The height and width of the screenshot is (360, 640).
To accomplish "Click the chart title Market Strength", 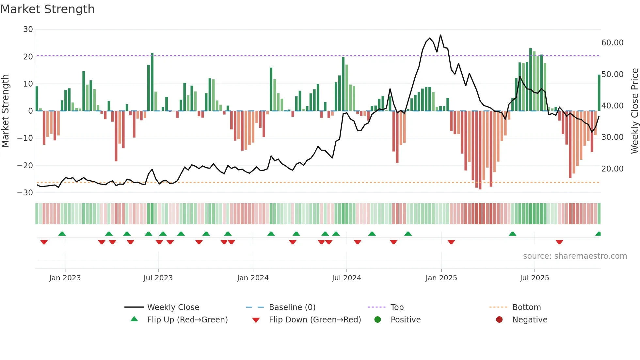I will tap(47, 9).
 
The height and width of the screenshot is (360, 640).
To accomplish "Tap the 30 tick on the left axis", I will tap(28, 29).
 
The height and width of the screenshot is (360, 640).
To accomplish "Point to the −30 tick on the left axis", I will tap(25, 192).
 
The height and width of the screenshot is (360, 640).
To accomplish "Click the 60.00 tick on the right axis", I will tap(612, 43).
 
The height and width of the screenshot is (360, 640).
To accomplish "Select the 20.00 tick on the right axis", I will tap(612, 169).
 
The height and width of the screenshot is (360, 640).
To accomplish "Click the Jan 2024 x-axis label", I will tap(253, 278).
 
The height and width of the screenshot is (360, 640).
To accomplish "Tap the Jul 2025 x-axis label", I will tap(534, 278).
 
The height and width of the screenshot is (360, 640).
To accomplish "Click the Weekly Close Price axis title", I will tap(634, 111).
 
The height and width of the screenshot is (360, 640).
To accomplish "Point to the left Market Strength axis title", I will tap(5, 111).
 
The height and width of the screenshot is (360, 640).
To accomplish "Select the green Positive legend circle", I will tap(378, 319).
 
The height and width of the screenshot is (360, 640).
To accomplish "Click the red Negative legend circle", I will tap(499, 319).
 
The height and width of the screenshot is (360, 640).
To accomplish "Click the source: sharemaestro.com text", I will tap(575, 256).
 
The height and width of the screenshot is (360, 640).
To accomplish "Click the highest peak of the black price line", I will tap(440, 35).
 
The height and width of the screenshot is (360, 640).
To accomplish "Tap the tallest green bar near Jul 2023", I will tap(152, 82).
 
